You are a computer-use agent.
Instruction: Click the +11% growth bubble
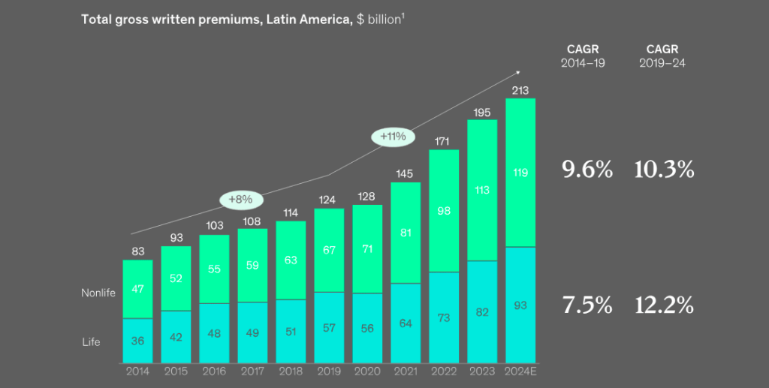393,137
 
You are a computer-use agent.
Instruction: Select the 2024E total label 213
520,91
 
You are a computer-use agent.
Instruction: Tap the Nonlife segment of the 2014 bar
137,289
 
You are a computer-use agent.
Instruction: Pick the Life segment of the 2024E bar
520,305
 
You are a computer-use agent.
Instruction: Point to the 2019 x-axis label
329,371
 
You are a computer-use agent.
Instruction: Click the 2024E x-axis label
520,371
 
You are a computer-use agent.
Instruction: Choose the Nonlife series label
98,293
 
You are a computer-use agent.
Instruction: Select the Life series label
91,342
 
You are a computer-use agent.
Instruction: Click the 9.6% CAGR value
587,170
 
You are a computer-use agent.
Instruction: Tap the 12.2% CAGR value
663,305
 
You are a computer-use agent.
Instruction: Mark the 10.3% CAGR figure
663,170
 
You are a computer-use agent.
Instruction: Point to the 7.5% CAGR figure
587,305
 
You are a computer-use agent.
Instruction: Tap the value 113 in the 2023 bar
482,190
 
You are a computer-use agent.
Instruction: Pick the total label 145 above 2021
406,174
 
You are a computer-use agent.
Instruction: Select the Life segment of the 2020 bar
367,328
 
